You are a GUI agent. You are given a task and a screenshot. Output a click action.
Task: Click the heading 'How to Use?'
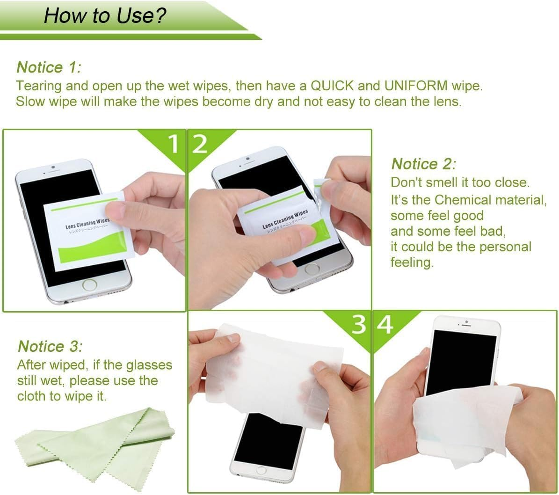pyautogui.click(x=105, y=15)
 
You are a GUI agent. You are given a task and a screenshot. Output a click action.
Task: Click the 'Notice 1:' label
pyautogui.click(x=49, y=67)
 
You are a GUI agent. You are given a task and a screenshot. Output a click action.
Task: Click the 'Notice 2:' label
pyautogui.click(x=423, y=164)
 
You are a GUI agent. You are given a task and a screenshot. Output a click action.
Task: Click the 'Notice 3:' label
pyautogui.click(x=50, y=346)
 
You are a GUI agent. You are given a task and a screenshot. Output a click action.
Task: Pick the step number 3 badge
pyautogui.click(x=358, y=325)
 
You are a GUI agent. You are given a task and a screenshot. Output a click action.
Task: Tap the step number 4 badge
pyautogui.click(x=385, y=325)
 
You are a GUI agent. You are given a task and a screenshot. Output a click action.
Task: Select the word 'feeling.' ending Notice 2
pyautogui.click(x=412, y=262)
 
